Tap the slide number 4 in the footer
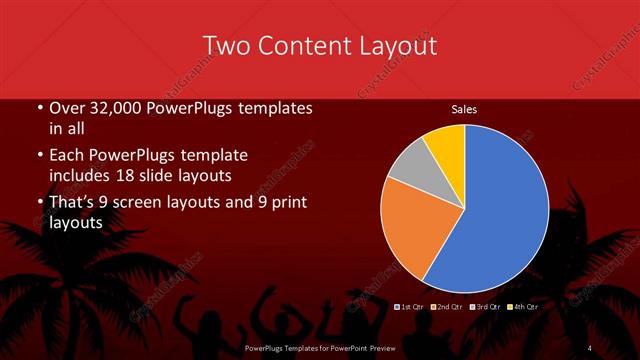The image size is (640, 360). pyautogui.click(x=590, y=348)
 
